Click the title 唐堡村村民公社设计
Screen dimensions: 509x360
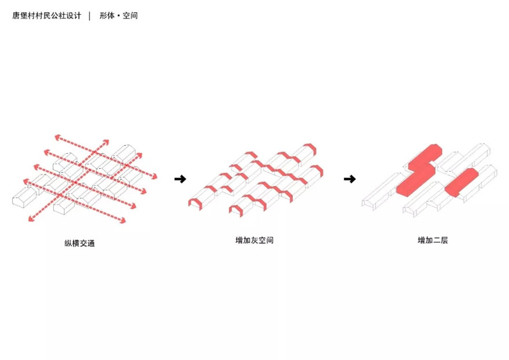click(47, 16)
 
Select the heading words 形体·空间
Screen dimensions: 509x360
click(119, 16)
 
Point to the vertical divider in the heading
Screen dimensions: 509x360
click(90, 16)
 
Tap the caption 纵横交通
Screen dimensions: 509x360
click(79, 243)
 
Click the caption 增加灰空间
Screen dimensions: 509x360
click(254, 240)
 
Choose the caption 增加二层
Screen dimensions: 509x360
click(433, 240)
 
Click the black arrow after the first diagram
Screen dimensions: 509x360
click(180, 179)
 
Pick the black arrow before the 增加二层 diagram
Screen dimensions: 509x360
click(349, 179)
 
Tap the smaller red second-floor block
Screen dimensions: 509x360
click(461, 183)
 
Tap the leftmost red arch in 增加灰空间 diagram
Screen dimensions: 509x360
click(194, 202)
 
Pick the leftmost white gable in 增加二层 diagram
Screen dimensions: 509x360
click(368, 203)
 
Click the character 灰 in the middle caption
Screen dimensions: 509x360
click(254, 240)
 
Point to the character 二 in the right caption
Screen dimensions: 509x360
click(436, 240)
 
